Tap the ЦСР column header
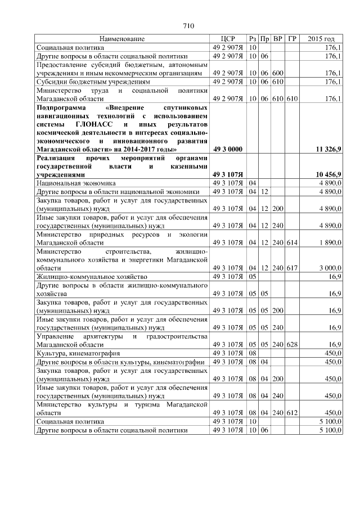227,39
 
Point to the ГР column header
291,39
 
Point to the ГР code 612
291,412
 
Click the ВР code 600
277,73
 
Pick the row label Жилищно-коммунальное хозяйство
92,277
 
